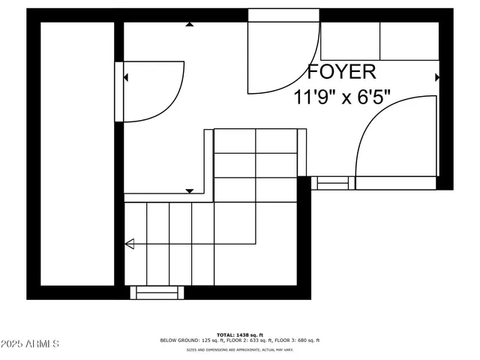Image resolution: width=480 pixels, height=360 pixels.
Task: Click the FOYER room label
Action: (x=341, y=72)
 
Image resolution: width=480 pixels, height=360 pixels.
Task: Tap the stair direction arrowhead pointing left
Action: (x=129, y=243)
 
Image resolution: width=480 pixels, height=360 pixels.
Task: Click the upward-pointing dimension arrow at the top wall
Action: (x=190, y=25)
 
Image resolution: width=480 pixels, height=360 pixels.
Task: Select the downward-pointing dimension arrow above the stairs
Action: (x=190, y=192)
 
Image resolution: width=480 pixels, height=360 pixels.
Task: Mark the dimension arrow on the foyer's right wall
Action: (x=437, y=77)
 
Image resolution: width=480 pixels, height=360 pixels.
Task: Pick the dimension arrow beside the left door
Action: (x=127, y=77)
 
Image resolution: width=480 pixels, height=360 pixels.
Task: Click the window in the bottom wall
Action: (x=157, y=292)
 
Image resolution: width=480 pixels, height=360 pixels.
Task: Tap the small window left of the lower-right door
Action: (x=332, y=181)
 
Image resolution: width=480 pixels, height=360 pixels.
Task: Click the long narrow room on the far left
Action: (x=77, y=154)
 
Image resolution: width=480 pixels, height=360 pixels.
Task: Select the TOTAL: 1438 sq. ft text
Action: (x=239, y=334)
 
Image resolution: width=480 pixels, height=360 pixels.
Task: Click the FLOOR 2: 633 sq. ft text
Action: (x=246, y=340)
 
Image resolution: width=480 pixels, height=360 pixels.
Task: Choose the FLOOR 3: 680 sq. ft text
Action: (x=295, y=340)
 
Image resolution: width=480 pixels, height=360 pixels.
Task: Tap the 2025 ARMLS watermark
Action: (x=30, y=344)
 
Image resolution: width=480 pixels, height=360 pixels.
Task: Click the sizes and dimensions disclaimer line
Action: (x=239, y=349)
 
